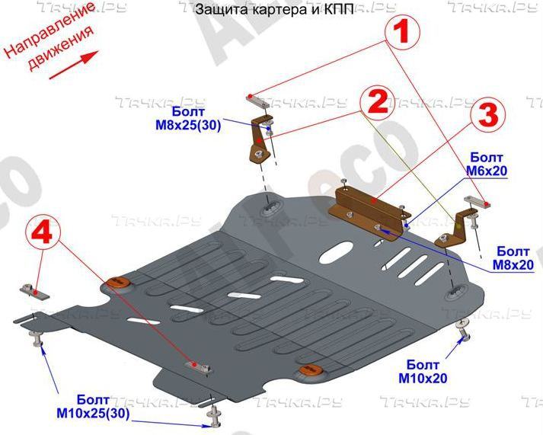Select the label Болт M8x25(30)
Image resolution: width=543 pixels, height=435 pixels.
click(185, 120)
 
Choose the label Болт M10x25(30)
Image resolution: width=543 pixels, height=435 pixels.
click(93, 407)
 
